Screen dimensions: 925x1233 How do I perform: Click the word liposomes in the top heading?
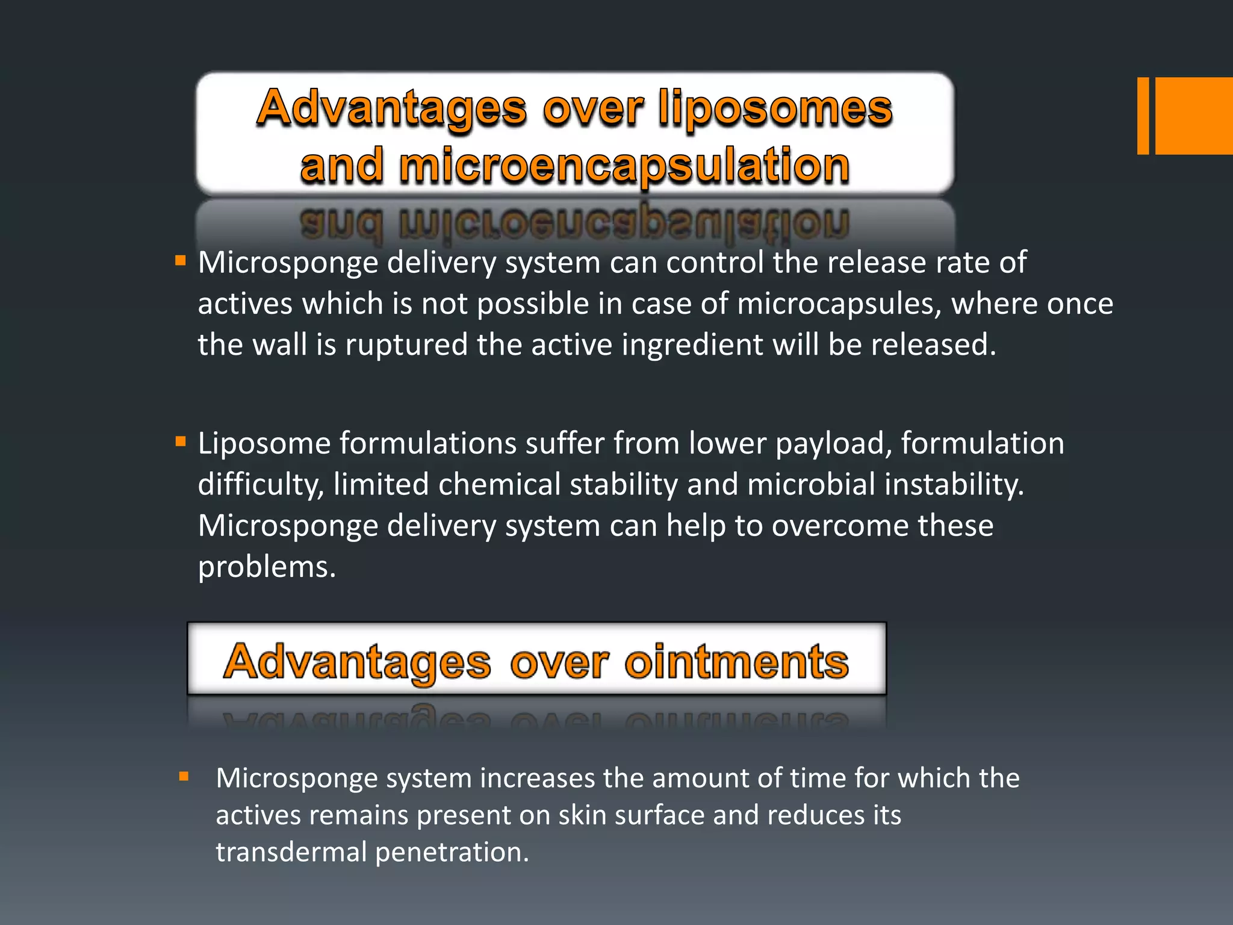775,108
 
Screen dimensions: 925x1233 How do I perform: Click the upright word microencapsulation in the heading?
624,166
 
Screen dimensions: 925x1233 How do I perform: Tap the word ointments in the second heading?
736,662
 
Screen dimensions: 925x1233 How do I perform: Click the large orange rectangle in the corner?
1194,116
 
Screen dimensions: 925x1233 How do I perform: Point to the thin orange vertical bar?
1143,116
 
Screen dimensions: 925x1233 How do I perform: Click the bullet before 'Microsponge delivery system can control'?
180,261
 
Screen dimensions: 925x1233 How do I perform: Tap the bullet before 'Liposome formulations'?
180,442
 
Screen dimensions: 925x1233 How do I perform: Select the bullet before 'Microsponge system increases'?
184,777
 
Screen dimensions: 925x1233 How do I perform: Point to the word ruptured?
406,344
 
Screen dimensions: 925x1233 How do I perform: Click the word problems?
267,567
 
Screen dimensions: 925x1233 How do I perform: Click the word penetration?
452,852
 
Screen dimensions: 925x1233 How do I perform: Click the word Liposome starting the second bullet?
264,444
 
